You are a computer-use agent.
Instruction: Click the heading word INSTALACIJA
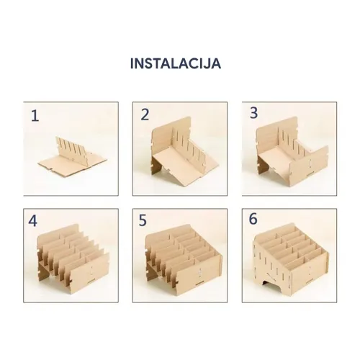coord(176,64)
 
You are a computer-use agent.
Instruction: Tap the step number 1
coord(35,116)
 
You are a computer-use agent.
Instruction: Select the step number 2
coord(145,114)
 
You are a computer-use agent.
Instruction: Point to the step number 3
coord(253,113)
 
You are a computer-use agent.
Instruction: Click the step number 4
coord(33,221)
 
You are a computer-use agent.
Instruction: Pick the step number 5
coord(143,221)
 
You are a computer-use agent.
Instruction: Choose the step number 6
coord(253,219)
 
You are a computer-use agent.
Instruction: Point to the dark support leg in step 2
coord(156,166)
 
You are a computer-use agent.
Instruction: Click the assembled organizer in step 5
coord(184,258)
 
